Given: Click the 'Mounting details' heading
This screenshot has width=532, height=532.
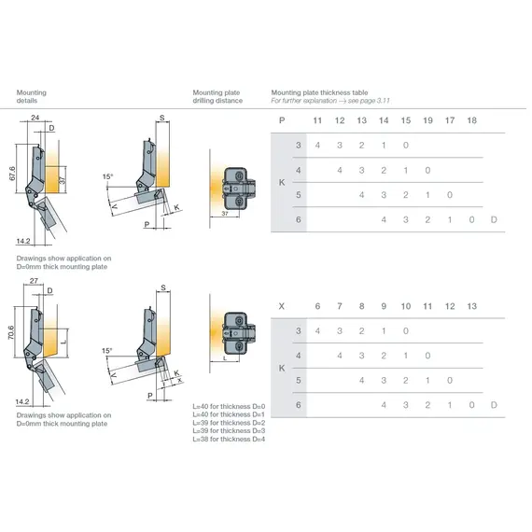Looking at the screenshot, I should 32,97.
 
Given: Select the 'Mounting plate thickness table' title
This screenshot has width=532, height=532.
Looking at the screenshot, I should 318,93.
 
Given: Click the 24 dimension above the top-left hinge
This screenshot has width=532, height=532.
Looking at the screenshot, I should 35,119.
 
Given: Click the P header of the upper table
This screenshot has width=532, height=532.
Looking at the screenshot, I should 282,121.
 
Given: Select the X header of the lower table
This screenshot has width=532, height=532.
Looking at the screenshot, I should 282,306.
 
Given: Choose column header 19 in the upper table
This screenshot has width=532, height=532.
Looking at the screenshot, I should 427,121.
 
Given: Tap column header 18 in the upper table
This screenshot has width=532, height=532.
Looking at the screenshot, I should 471,121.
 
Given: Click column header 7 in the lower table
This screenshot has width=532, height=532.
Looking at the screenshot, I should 339,306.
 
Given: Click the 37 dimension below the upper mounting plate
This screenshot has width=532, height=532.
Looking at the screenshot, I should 225,214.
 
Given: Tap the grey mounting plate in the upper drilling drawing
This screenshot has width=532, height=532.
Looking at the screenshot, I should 241,186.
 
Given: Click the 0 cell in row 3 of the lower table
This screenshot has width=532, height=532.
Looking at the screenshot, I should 405,331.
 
